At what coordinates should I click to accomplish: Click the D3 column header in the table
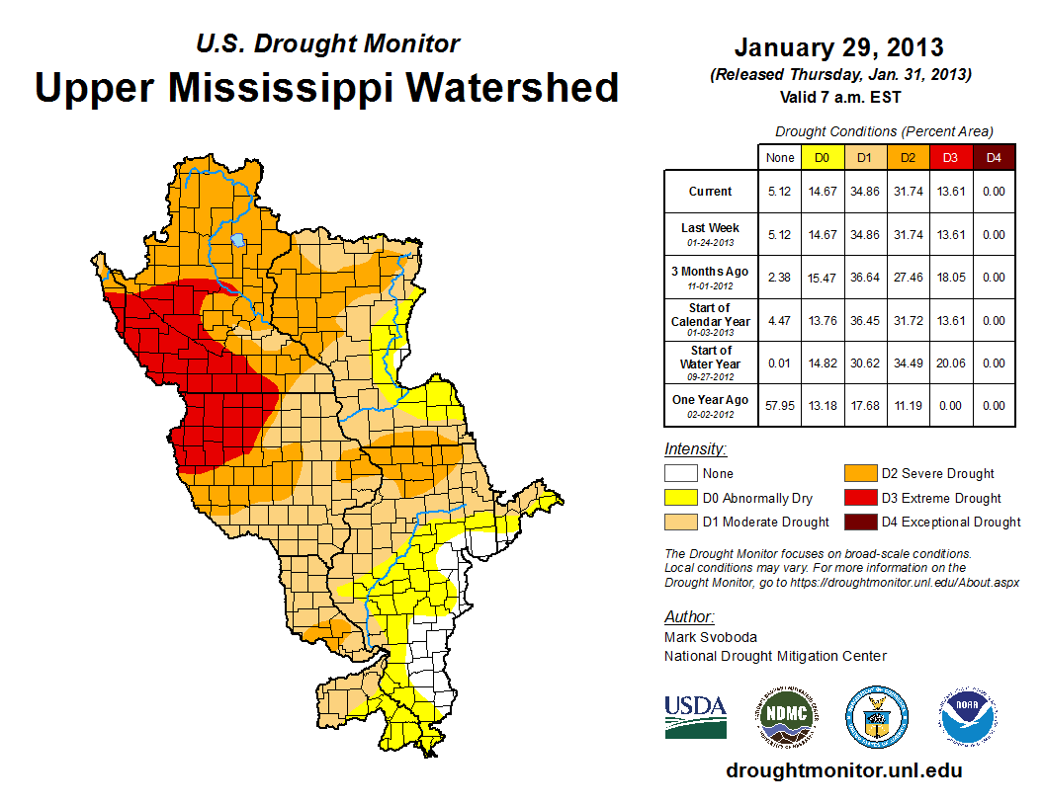click(950, 157)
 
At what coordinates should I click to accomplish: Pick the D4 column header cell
click(993, 157)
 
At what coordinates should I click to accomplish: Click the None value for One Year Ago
click(780, 406)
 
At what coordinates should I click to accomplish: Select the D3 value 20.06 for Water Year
click(950, 363)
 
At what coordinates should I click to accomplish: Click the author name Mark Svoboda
click(710, 637)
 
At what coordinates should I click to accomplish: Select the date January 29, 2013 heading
click(838, 47)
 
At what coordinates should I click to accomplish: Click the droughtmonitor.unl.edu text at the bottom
click(843, 770)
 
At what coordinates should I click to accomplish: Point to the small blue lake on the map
click(237, 239)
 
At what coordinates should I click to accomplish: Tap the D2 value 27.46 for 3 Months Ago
click(908, 278)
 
